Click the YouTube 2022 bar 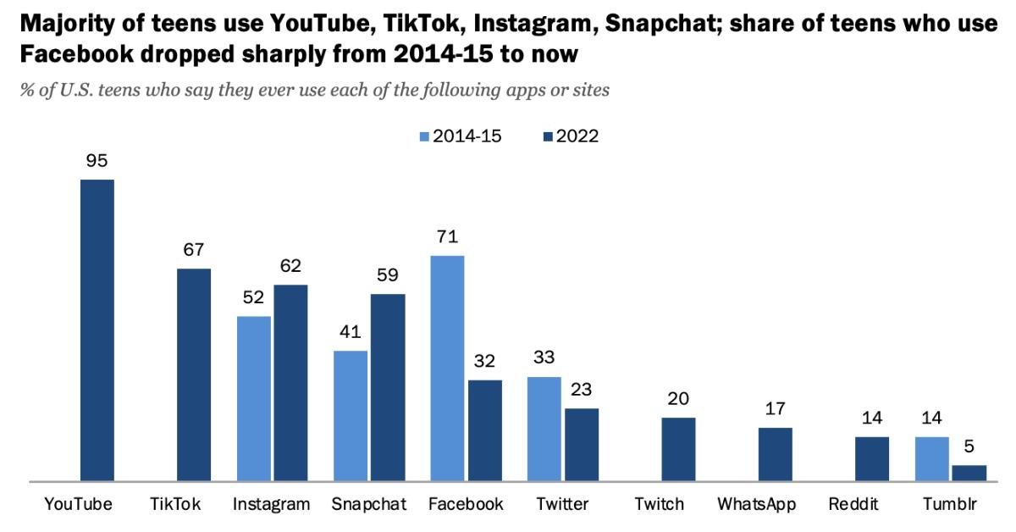coord(97,330)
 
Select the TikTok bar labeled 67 coord(194,375)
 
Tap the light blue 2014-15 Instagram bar coord(254,399)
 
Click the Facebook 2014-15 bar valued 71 coord(447,369)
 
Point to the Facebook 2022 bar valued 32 coord(485,430)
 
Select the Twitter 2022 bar coord(582,445)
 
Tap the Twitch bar coord(678,449)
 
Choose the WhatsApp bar coord(775,454)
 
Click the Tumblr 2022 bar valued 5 coord(969,473)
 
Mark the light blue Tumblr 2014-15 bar coord(931,459)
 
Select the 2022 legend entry coord(571,136)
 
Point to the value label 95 coord(97,161)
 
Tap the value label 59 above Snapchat coord(388,276)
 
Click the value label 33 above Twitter coord(544,358)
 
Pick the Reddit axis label coord(853,504)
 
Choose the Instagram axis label coord(272,504)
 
